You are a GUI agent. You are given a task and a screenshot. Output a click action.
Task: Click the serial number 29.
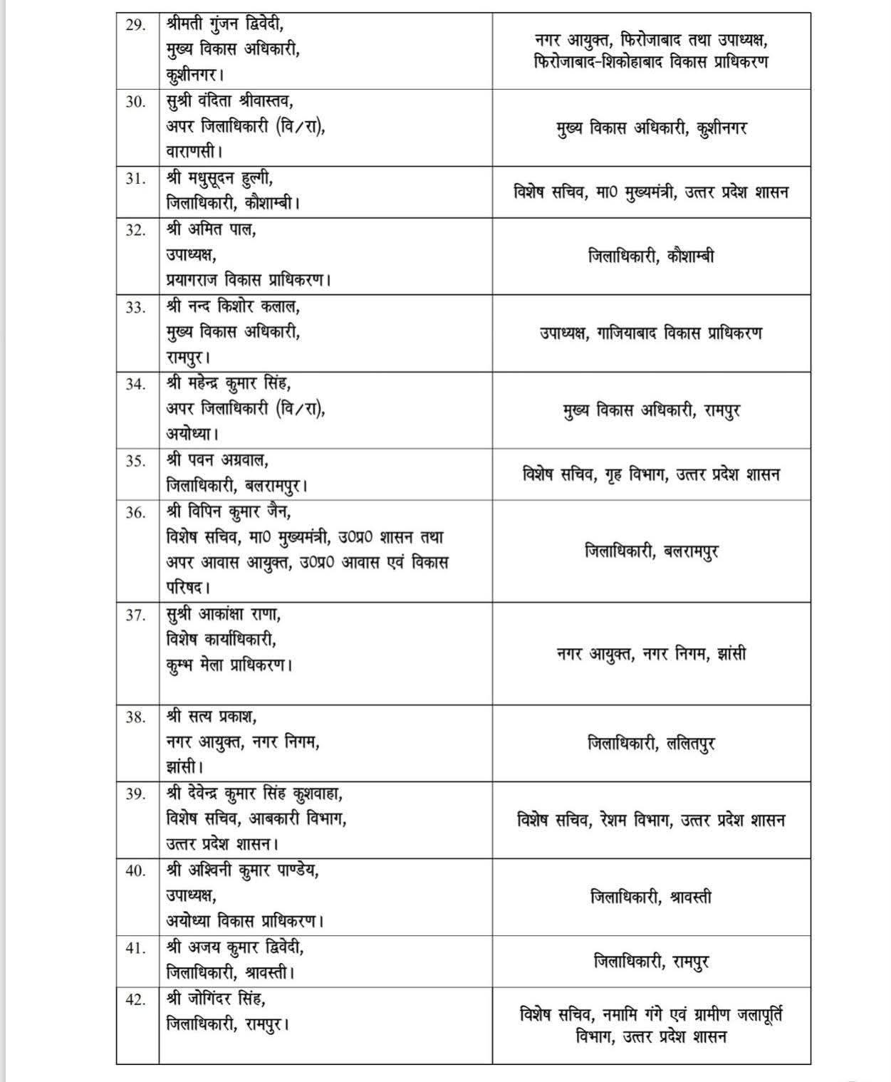pos(135,25)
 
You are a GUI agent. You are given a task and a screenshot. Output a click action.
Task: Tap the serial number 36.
pos(135,512)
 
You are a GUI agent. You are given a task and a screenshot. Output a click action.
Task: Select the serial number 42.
pos(135,999)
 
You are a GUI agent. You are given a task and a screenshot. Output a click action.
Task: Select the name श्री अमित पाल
pos(212,230)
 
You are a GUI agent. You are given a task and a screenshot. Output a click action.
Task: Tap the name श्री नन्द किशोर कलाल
pos(233,307)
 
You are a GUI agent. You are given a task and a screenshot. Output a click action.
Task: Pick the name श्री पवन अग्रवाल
pos(217,461)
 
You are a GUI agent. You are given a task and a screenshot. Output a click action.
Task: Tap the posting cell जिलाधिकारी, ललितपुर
pos(651,744)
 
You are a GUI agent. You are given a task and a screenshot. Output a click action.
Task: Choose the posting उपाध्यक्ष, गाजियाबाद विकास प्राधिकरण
pos(651,333)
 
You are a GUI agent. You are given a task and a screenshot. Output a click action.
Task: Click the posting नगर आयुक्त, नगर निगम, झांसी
pos(651,653)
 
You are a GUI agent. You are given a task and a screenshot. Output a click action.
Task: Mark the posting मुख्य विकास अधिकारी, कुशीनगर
pos(651,128)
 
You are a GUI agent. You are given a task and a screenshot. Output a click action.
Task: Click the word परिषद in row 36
pos(187,588)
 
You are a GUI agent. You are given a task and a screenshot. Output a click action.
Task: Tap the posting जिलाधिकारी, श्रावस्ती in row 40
pos(651,898)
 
